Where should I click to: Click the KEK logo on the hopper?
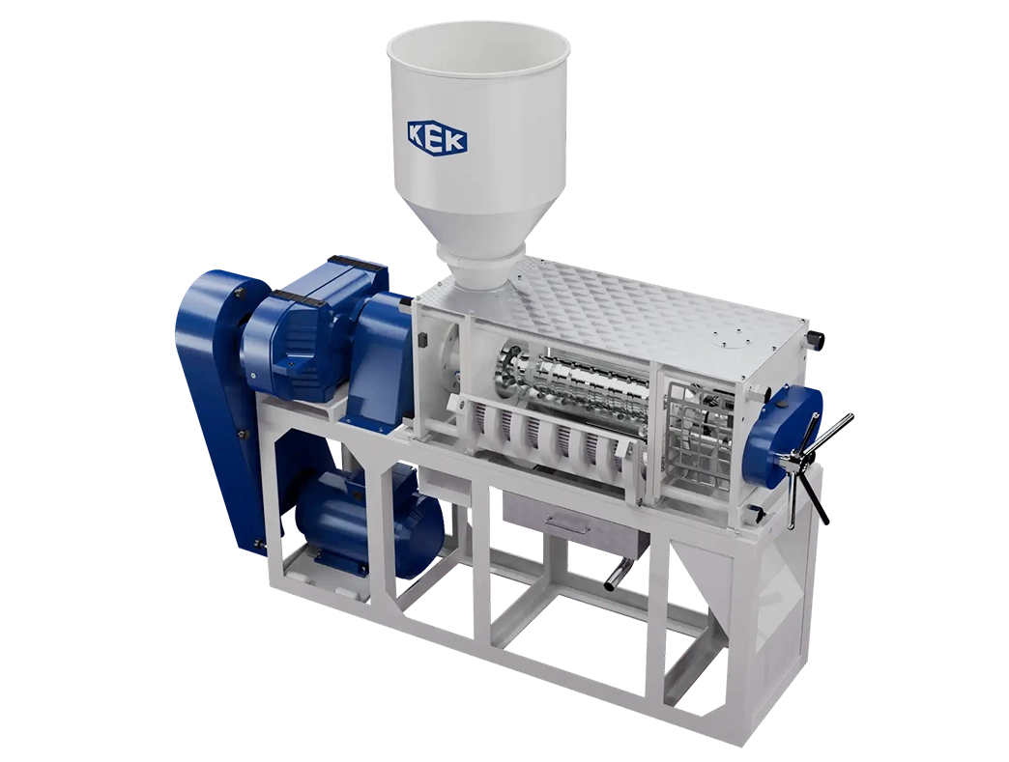click(437, 136)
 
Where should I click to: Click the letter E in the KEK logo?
click(437, 136)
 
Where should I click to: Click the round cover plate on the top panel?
click(725, 342)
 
